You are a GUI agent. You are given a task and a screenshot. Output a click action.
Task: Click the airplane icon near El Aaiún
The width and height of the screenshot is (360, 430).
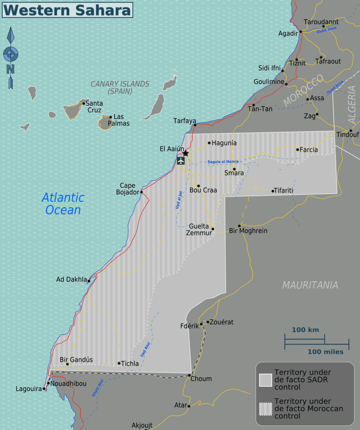click(181, 161)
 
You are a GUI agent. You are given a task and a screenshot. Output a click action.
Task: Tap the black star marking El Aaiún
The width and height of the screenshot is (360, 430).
click(185, 153)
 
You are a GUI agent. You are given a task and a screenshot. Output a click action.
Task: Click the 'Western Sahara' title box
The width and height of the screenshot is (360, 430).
click(67, 10)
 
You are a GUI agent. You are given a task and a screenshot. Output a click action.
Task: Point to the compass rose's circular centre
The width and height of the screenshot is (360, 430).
click(10, 54)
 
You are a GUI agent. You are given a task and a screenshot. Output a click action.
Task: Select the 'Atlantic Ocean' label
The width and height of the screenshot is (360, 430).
click(63, 203)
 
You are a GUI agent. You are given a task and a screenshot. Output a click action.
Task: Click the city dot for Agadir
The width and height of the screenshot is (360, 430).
click(301, 31)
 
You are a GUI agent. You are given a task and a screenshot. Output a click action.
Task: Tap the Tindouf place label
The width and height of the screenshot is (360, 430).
click(348, 135)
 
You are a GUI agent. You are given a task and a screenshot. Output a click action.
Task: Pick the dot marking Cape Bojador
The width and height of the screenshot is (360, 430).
click(141, 192)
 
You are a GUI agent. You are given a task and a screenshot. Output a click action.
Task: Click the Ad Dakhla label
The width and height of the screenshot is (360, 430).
click(71, 279)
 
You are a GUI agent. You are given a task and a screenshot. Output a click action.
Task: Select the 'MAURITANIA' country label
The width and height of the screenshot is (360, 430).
click(310, 285)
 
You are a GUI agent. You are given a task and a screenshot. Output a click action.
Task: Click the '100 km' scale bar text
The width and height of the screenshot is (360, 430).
click(305, 330)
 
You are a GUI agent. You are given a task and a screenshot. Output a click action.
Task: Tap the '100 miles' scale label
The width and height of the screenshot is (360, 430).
click(325, 352)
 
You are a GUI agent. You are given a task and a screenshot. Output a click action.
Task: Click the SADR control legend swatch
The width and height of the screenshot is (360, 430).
click(265, 380)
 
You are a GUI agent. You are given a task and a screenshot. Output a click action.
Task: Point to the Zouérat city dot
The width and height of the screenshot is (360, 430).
click(208, 322)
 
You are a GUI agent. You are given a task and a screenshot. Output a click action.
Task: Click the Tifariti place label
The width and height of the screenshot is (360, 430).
click(284, 191)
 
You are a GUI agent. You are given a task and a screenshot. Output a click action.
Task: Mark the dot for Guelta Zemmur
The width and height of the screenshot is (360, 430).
click(213, 229)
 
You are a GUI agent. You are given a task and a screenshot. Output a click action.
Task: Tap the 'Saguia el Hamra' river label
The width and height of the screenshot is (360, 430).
click(223, 162)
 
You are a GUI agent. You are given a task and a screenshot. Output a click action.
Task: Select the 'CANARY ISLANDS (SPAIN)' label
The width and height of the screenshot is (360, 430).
click(120, 87)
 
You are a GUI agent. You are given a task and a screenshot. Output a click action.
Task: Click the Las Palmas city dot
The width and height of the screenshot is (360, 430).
click(111, 117)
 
